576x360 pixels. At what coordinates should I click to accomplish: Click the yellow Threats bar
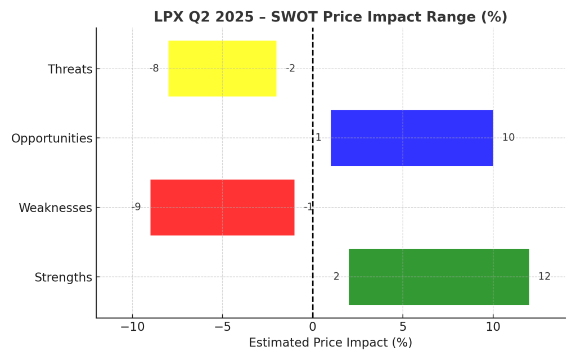tap(222, 69)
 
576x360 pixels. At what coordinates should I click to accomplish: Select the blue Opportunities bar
tap(412, 138)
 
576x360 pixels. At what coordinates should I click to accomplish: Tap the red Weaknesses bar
tap(222, 208)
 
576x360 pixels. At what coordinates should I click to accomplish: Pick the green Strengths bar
tap(439, 277)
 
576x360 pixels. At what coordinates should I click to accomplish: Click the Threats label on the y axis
tap(70, 69)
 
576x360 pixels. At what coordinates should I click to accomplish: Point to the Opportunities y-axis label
tap(52, 138)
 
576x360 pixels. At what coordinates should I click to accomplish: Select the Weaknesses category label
tap(55, 208)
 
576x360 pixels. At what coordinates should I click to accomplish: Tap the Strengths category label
tap(63, 277)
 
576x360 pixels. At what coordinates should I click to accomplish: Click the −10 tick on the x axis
tap(132, 327)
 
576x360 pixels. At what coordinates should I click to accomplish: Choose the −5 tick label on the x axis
tap(222, 327)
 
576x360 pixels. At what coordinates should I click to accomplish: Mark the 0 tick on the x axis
tap(313, 327)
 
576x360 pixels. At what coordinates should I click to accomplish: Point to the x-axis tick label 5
tap(403, 327)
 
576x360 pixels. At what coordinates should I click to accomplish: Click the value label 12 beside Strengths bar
tap(544, 277)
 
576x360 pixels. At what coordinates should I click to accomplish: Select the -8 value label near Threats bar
tap(154, 69)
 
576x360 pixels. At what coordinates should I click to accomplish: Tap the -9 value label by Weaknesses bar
tap(136, 208)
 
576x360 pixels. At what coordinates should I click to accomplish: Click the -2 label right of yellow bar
tap(290, 69)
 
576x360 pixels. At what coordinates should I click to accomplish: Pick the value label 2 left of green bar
tap(336, 277)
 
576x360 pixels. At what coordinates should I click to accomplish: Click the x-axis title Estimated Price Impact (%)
tap(330, 343)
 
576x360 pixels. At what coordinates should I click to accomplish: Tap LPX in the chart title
tap(167, 17)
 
